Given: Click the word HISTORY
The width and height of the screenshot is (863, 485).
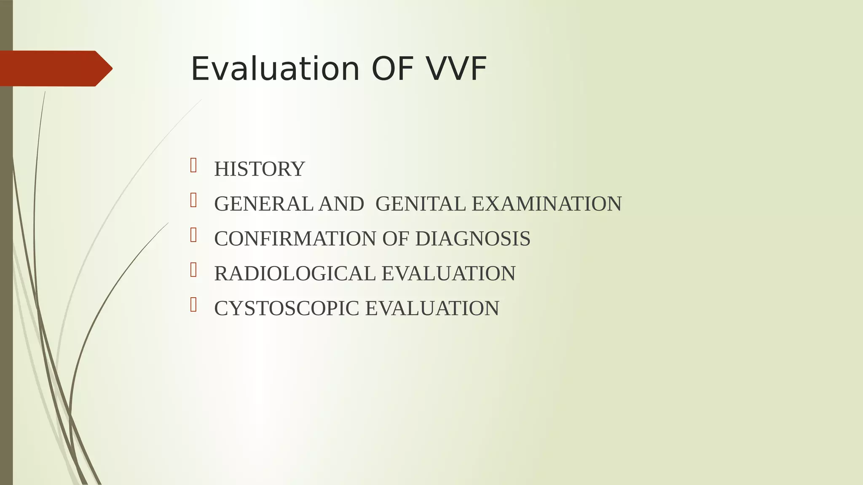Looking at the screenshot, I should (259, 169).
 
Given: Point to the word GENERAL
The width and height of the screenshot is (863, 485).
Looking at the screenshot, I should (263, 204).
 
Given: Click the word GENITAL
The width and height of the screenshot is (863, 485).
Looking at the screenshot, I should (420, 204).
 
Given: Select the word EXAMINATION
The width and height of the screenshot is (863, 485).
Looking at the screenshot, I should (547, 204).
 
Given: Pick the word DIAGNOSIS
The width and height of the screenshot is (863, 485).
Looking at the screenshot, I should (472, 239).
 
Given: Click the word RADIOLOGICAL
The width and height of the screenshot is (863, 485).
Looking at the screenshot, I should (295, 274).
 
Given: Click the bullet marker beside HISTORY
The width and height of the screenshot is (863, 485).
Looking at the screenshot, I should (193, 165).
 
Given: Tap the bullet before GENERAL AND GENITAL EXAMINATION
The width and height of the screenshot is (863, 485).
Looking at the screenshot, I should (193, 200).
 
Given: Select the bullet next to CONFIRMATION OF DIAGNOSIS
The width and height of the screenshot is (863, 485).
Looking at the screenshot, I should (193, 235).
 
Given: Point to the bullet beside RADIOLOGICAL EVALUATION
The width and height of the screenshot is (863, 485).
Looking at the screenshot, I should (193, 270).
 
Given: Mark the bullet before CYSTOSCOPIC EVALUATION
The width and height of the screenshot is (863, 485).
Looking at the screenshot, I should (193, 305).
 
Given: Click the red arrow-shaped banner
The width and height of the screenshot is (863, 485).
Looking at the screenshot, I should (55, 69).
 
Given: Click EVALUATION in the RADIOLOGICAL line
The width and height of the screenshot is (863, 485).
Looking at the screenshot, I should (448, 274).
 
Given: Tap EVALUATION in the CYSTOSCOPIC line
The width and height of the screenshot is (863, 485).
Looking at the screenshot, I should (432, 309).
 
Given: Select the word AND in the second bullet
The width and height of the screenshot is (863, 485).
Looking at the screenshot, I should (341, 204).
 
